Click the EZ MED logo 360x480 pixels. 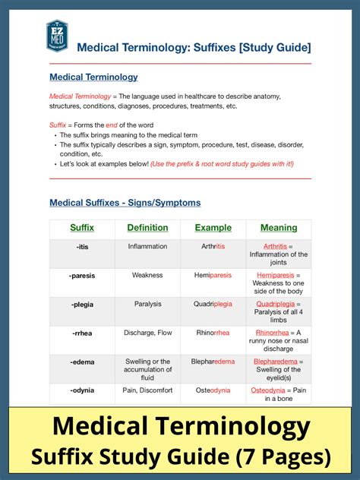(56, 37)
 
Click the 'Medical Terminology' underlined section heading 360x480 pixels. (93, 77)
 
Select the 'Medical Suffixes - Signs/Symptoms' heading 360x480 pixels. (125, 203)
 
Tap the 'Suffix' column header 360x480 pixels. (82, 228)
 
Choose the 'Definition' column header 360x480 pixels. (147, 228)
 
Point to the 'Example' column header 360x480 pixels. (213, 228)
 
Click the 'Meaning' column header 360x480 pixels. (279, 228)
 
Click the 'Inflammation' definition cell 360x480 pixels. (147, 247)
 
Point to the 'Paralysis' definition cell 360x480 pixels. (147, 304)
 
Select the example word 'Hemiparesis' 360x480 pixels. (213, 276)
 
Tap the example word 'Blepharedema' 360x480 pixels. (213, 362)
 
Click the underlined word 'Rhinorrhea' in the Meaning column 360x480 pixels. (272, 333)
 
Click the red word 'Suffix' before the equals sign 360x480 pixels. (58, 125)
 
